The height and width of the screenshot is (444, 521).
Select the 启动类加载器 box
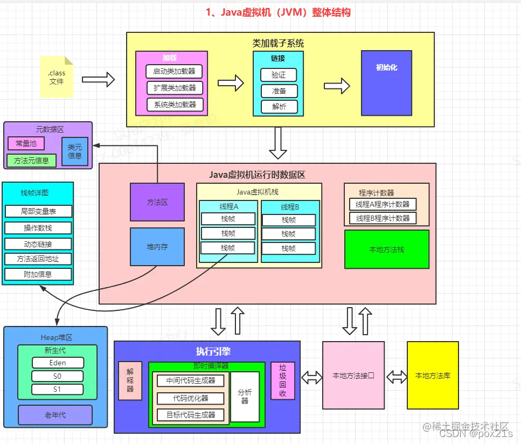point(175,71)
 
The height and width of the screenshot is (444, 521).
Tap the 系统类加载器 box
point(175,105)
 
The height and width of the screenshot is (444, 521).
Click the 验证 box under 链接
point(279,75)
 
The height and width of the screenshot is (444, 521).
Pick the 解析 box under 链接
point(279,107)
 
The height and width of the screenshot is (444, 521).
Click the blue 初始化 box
point(386,83)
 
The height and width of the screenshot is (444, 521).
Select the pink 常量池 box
point(26,143)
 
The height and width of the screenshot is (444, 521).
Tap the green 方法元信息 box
point(31,160)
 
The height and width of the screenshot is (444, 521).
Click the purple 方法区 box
point(157,202)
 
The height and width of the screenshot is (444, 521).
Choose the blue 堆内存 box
point(157,247)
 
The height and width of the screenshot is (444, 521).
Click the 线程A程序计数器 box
point(383,204)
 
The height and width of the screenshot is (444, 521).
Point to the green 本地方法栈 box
point(387,249)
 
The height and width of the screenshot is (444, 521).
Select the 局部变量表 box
point(39,211)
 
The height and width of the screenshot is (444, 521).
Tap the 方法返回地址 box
point(39,259)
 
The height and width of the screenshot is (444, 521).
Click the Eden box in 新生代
point(57,363)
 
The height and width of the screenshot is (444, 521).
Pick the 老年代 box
point(55,415)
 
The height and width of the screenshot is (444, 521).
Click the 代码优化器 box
point(190,398)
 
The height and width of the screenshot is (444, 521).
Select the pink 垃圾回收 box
point(283,380)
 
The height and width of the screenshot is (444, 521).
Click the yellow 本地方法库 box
point(433,376)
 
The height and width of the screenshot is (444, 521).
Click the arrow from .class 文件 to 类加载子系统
point(98,80)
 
